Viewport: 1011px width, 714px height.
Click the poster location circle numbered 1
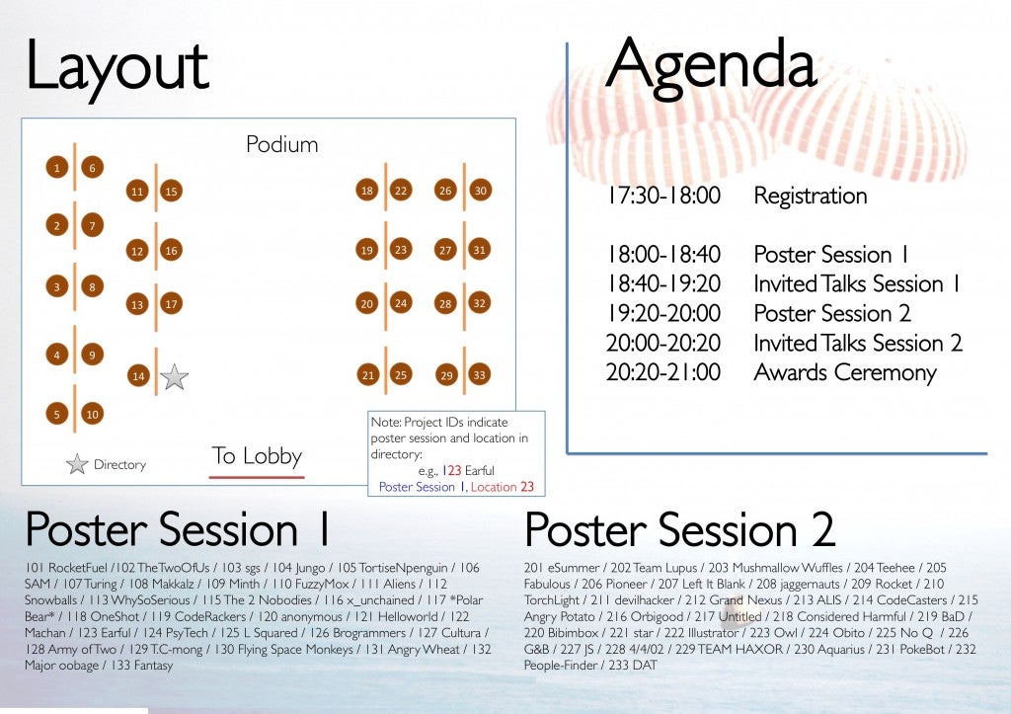click(x=56, y=168)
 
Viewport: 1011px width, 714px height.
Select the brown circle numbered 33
click(x=479, y=374)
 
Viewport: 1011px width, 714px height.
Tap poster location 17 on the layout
click(x=171, y=304)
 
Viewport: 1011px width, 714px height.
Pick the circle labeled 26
click(x=445, y=191)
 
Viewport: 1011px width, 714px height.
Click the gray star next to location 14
click(x=174, y=377)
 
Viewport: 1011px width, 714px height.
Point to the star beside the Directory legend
click(x=77, y=464)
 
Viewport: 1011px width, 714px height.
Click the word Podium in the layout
click(x=281, y=144)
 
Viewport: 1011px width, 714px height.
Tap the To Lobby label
click(x=257, y=456)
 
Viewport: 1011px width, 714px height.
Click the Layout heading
click(x=117, y=66)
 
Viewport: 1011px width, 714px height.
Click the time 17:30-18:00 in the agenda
click(x=663, y=196)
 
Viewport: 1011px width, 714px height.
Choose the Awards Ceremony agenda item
click(x=845, y=373)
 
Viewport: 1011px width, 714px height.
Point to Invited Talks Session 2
click(x=858, y=343)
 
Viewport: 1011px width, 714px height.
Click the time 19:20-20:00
click(x=663, y=313)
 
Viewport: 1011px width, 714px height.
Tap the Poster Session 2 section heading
click(x=679, y=530)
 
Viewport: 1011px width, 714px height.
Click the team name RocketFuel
click(x=77, y=568)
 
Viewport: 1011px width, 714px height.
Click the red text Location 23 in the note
click(x=503, y=487)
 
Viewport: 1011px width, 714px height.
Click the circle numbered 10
click(x=92, y=414)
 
